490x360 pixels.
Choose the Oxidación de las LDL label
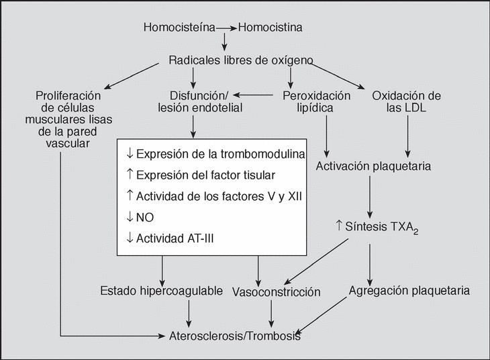coord(406,101)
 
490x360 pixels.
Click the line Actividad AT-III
coord(177,238)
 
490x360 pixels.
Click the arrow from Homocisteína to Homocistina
coord(227,28)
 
